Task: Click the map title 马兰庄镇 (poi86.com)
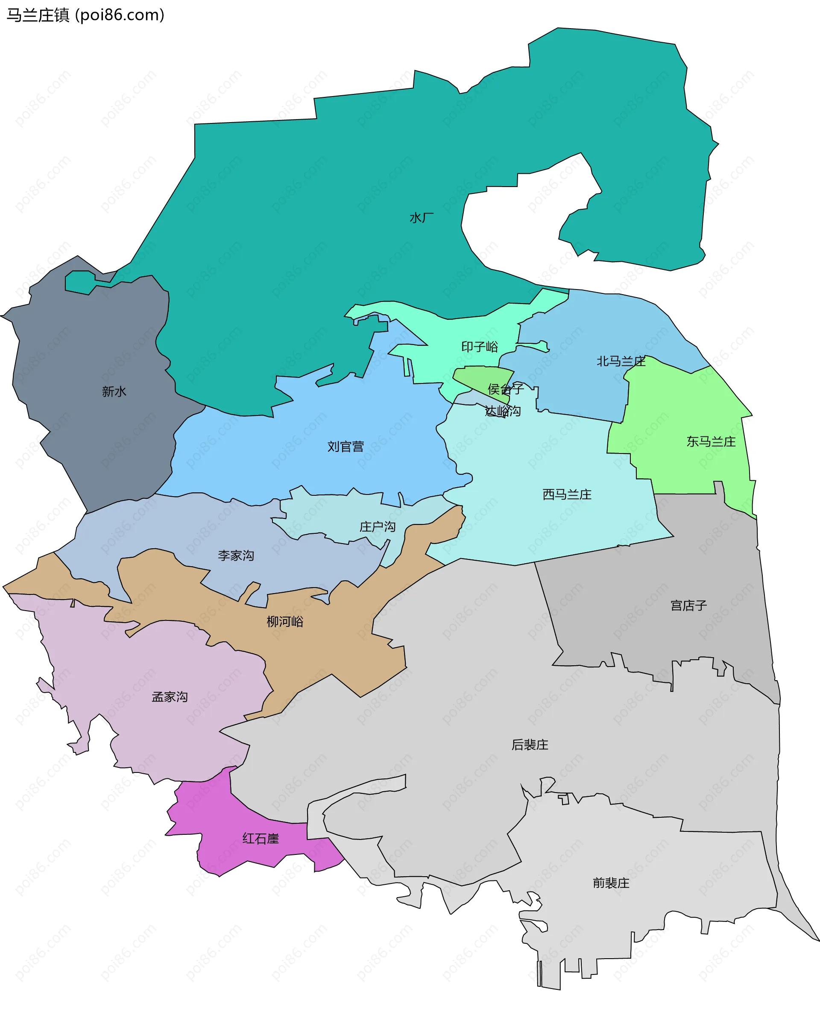tap(85, 15)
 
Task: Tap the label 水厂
tap(422, 218)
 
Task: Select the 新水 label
tap(114, 392)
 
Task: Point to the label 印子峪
tap(480, 347)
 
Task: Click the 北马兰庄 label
tap(621, 361)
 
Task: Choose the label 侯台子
tap(505, 389)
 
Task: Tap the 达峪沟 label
tap(503, 411)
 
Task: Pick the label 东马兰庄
tap(711, 442)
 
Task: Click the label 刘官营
tap(345, 447)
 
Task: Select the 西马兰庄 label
tap(567, 494)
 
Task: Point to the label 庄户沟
tap(378, 527)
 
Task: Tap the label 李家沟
tap(236, 555)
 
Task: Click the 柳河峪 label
tap(285, 621)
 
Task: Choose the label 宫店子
tap(689, 606)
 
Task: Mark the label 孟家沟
tap(170, 697)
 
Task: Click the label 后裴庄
tap(530, 745)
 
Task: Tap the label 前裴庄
tap(611, 883)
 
